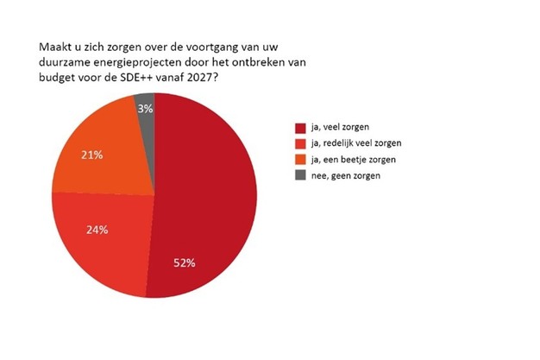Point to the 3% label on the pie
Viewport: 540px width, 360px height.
[x=144, y=108]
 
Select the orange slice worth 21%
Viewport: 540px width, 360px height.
[x=104, y=151]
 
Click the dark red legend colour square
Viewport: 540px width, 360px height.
[x=300, y=126]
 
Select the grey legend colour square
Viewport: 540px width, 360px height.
[x=300, y=175]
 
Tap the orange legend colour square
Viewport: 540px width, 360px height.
[x=300, y=159]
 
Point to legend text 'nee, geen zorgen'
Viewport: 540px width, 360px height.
[x=346, y=175]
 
